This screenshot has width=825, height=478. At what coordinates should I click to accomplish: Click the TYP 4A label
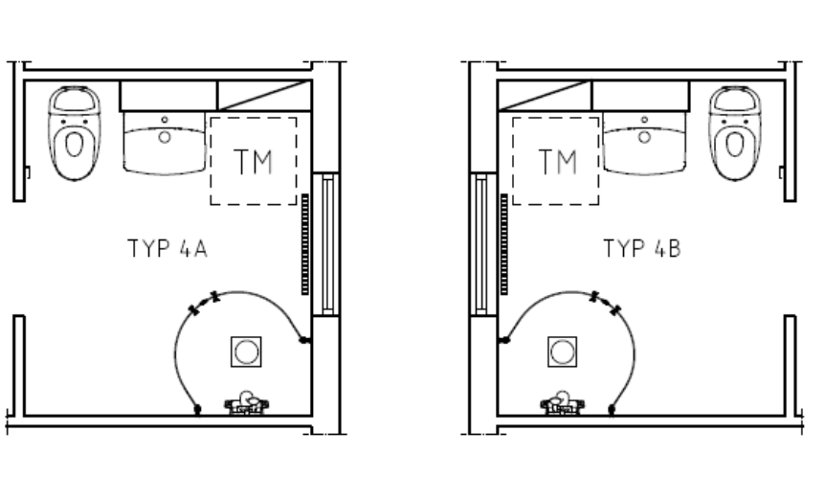[x=167, y=248]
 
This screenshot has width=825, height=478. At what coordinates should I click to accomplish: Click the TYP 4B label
[x=642, y=248]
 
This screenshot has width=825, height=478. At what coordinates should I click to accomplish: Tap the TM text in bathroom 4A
[x=253, y=162]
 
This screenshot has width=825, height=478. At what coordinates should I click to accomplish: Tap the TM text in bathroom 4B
[x=558, y=162]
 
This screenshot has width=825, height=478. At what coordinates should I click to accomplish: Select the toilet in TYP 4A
[x=75, y=133]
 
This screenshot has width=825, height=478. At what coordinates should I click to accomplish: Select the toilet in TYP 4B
[x=735, y=133]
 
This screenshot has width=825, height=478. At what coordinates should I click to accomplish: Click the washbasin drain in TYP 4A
[x=165, y=137]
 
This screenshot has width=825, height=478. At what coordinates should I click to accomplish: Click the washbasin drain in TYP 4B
[x=644, y=137]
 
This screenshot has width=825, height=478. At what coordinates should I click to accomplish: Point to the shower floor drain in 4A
[x=246, y=352]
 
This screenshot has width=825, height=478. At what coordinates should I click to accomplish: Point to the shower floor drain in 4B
[x=562, y=352]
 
